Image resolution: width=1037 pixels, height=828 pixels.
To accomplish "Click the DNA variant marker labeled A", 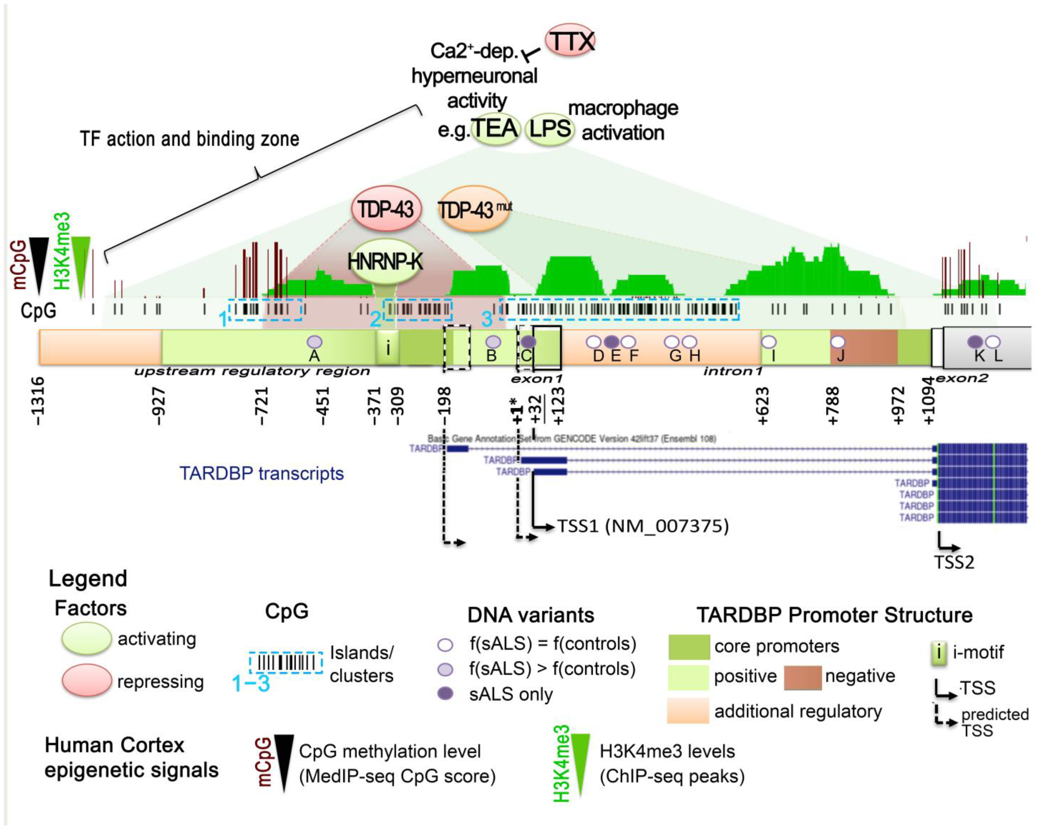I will tap(315, 342).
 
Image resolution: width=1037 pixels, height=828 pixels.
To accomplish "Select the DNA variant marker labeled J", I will tap(838, 342).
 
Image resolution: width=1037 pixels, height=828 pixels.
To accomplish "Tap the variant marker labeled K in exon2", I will tap(976, 342).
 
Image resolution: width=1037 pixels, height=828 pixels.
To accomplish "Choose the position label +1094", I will tap(929, 401).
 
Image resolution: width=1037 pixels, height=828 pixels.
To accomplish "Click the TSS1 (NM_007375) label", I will tap(643, 526).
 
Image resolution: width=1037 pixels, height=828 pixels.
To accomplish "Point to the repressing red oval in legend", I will tap(87, 680).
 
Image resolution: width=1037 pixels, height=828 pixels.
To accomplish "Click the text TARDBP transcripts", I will tap(262, 474).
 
